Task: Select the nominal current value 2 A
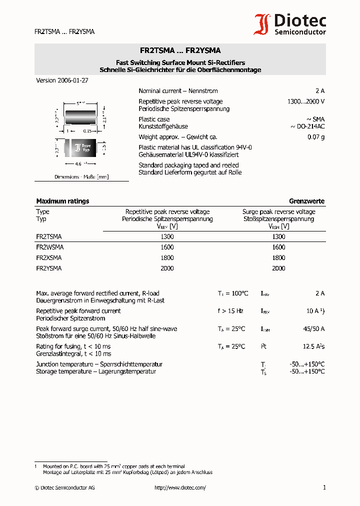319,91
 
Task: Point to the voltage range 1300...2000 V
305,101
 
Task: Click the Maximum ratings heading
62,201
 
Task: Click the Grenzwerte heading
306,201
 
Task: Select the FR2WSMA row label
49,247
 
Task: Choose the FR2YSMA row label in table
49,268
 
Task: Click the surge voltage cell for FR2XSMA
278,258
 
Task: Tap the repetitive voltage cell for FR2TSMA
167,236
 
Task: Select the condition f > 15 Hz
230,311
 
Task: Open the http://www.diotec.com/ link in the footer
180,487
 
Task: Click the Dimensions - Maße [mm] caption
81,177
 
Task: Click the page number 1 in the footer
324,487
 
